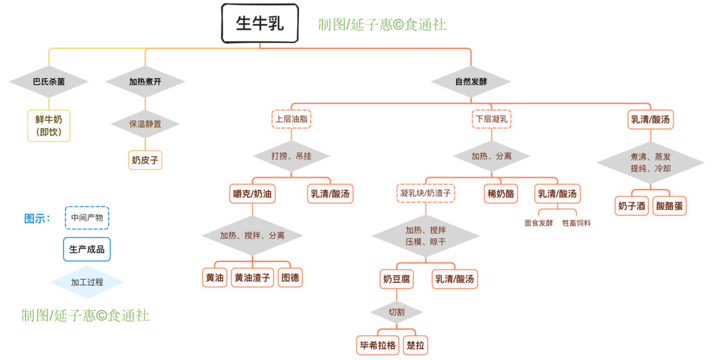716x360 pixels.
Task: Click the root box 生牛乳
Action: [260, 23]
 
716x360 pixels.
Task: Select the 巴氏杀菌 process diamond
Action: [48, 82]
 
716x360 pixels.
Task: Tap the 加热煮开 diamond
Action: [145, 82]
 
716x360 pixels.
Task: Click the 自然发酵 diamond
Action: [471, 82]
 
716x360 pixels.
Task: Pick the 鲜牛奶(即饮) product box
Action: [48, 125]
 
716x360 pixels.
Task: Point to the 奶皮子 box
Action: [145, 160]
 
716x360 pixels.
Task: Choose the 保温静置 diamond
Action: [145, 123]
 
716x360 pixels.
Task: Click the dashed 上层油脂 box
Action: [292, 119]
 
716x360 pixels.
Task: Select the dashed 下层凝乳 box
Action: [491, 119]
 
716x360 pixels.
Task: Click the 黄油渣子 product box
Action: [253, 278]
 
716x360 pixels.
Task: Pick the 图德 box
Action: [290, 278]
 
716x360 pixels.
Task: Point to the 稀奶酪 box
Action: [501, 194]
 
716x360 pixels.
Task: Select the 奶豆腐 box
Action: [396, 279]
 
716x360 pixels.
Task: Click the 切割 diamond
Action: [396, 311]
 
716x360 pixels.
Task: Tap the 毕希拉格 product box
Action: [378, 345]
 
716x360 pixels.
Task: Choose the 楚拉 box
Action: [416, 345]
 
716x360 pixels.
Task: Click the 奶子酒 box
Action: [631, 206]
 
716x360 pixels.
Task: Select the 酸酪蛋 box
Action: [670, 206]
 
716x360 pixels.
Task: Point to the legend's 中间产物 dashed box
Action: [87, 217]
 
